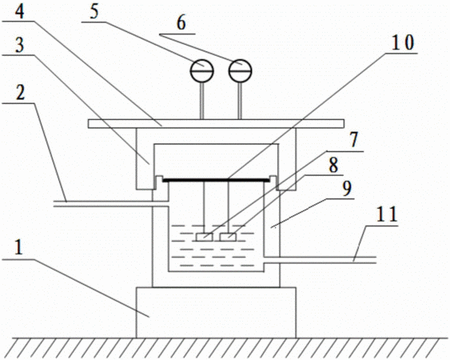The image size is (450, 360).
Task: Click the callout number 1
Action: point(18,246)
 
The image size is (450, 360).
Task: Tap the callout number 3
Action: point(19,45)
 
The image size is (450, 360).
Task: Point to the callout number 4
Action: point(19,11)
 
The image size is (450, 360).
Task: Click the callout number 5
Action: point(94,11)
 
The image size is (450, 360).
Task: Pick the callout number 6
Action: point(181,22)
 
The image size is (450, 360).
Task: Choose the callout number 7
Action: point(354,140)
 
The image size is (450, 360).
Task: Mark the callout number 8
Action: point(333,165)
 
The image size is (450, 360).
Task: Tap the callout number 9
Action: point(347,188)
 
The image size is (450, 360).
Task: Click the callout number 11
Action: point(387,214)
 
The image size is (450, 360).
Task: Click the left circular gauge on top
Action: point(202,70)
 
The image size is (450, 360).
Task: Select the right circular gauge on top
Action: point(240,70)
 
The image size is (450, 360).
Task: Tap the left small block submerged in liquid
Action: point(205,237)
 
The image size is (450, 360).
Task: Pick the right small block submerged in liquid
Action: point(228,237)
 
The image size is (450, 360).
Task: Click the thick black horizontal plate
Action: point(217,180)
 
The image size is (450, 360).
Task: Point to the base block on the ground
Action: point(216,312)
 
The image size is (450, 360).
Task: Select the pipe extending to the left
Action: point(111,204)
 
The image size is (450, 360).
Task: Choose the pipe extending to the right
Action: point(320,259)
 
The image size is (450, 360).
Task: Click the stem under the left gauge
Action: point(202,101)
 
